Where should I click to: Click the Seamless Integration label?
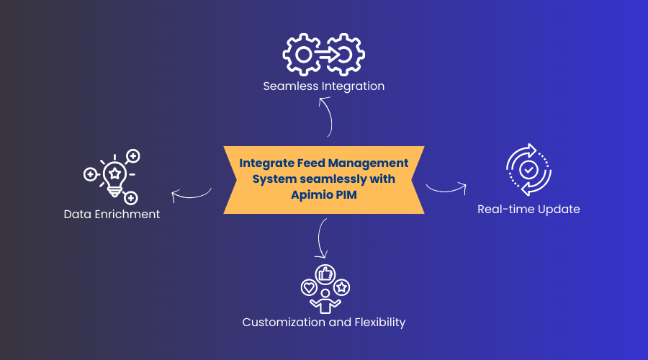point(323,86)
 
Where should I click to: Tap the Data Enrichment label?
point(112,215)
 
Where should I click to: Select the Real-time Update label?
point(528,210)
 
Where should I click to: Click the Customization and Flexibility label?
point(323,322)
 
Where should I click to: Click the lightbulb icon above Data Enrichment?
point(114,175)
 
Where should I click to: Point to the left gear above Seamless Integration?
point(303,55)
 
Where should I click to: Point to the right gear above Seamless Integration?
point(345,55)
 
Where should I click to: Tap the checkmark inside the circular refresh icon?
point(528,170)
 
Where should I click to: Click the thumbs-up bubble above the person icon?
point(325,274)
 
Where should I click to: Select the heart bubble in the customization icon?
point(308,287)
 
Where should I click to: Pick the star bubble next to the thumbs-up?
point(341,287)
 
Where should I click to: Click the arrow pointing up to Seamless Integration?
point(326,115)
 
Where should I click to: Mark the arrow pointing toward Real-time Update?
point(446,189)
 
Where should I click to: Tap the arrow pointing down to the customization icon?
point(322,238)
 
